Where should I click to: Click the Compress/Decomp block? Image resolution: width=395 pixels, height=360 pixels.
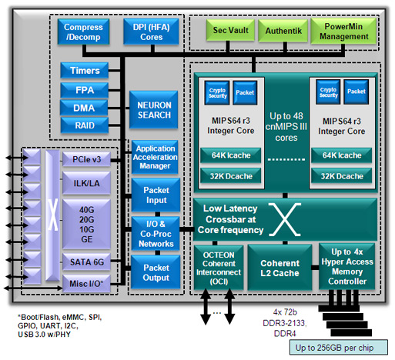(83, 32)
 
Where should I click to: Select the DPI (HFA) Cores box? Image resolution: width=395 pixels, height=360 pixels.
(151, 32)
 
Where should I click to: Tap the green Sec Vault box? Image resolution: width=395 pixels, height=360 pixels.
(230, 30)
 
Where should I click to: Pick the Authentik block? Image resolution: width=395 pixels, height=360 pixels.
(283, 31)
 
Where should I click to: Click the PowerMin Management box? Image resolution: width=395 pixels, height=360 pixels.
(343, 32)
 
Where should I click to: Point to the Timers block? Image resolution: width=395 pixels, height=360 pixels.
(85, 70)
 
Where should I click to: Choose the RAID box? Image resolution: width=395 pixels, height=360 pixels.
(85, 125)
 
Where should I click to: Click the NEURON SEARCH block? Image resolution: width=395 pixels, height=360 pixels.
(154, 110)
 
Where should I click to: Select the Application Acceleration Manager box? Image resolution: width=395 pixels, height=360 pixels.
(155, 157)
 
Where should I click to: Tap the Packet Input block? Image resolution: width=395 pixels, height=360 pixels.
(156, 195)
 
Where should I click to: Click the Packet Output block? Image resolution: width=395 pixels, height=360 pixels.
(156, 272)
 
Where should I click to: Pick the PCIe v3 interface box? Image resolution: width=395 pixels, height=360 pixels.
(86, 159)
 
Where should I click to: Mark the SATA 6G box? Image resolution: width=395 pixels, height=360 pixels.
(86, 262)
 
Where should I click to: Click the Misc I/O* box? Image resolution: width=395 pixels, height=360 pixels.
(86, 284)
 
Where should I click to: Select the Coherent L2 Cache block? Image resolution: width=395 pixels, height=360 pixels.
(280, 268)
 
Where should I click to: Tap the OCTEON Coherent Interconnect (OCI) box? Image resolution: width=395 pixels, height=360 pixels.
(219, 268)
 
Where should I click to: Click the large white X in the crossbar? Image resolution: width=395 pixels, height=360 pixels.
(285, 219)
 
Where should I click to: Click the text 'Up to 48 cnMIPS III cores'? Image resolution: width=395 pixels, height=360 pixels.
(286, 127)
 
